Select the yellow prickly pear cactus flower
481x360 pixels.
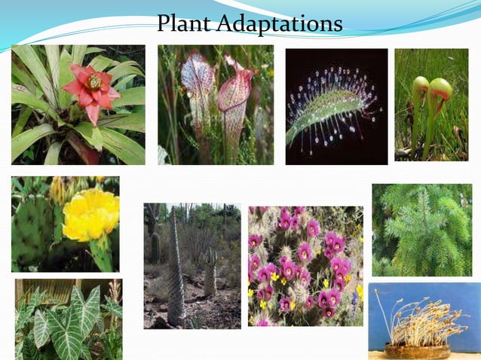[90, 214]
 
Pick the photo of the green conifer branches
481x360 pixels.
[421, 230]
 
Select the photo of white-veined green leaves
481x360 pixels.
[68, 319]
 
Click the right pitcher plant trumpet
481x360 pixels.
[234, 94]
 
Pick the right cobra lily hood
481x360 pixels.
[440, 90]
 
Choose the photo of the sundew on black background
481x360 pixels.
[336, 106]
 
